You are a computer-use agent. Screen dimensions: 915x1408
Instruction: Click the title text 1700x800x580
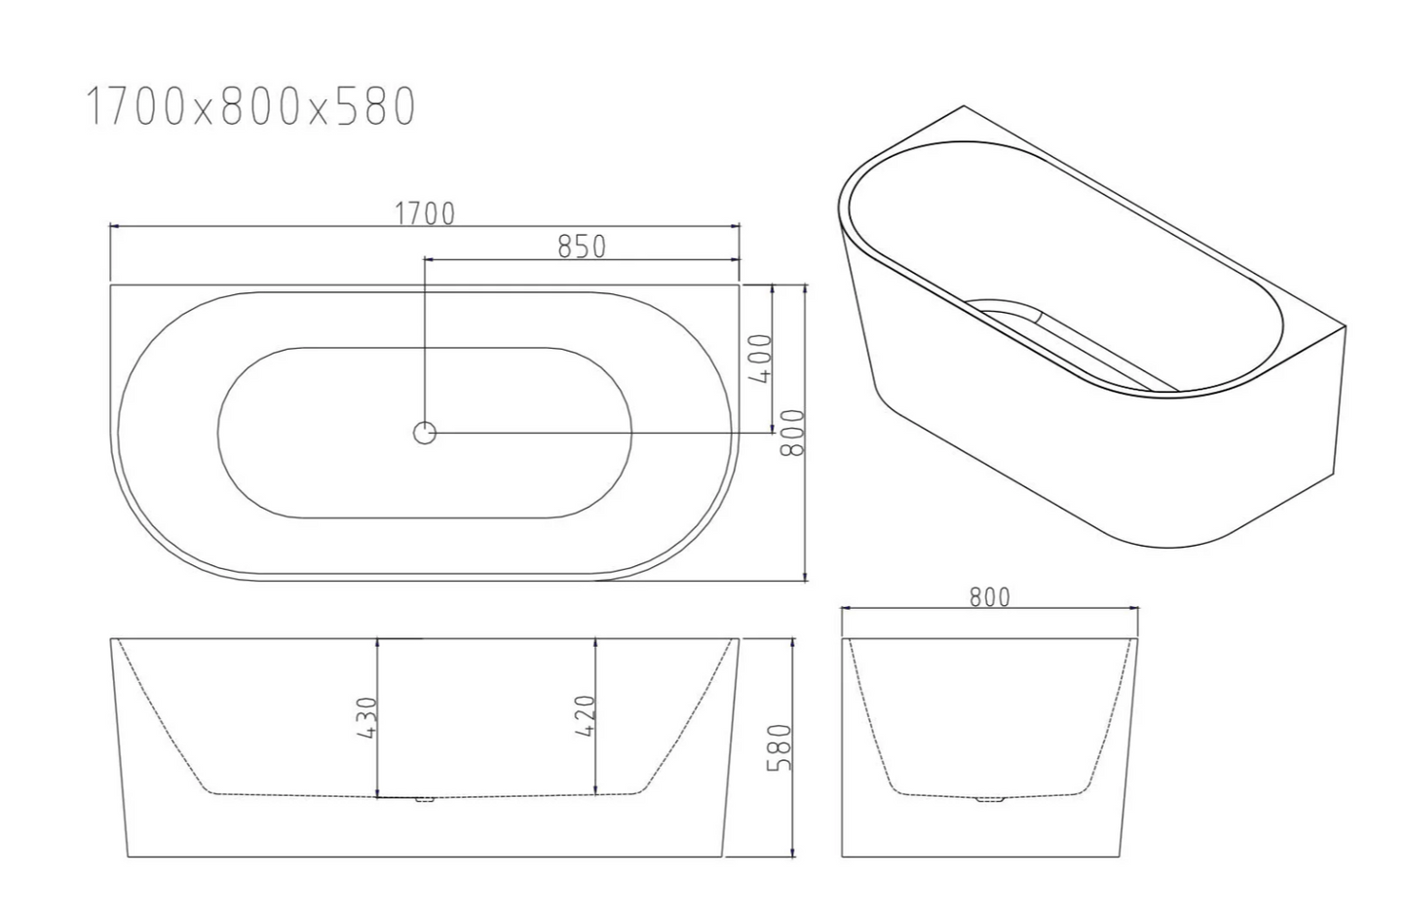coord(251,107)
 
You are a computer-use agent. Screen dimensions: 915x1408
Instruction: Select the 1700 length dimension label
coord(424,213)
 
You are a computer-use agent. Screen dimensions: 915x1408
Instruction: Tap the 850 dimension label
coord(582,247)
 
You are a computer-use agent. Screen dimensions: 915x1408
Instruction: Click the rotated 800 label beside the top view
coord(793,432)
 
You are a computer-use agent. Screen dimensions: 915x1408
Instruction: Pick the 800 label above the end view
coord(989,596)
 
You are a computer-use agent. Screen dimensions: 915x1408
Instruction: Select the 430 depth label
coord(366,717)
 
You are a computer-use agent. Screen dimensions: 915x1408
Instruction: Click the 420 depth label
coord(585,716)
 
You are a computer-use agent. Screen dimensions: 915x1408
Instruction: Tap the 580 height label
coord(780,747)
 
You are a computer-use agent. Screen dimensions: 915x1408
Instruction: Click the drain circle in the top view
coord(425,433)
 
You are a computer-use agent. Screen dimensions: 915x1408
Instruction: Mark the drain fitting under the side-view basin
coord(425,800)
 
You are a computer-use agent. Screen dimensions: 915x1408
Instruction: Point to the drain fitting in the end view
coord(989,799)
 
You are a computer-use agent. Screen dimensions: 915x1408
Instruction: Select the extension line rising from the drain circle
coord(424,341)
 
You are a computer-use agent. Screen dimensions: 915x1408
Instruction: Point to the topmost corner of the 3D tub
coord(964,106)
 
